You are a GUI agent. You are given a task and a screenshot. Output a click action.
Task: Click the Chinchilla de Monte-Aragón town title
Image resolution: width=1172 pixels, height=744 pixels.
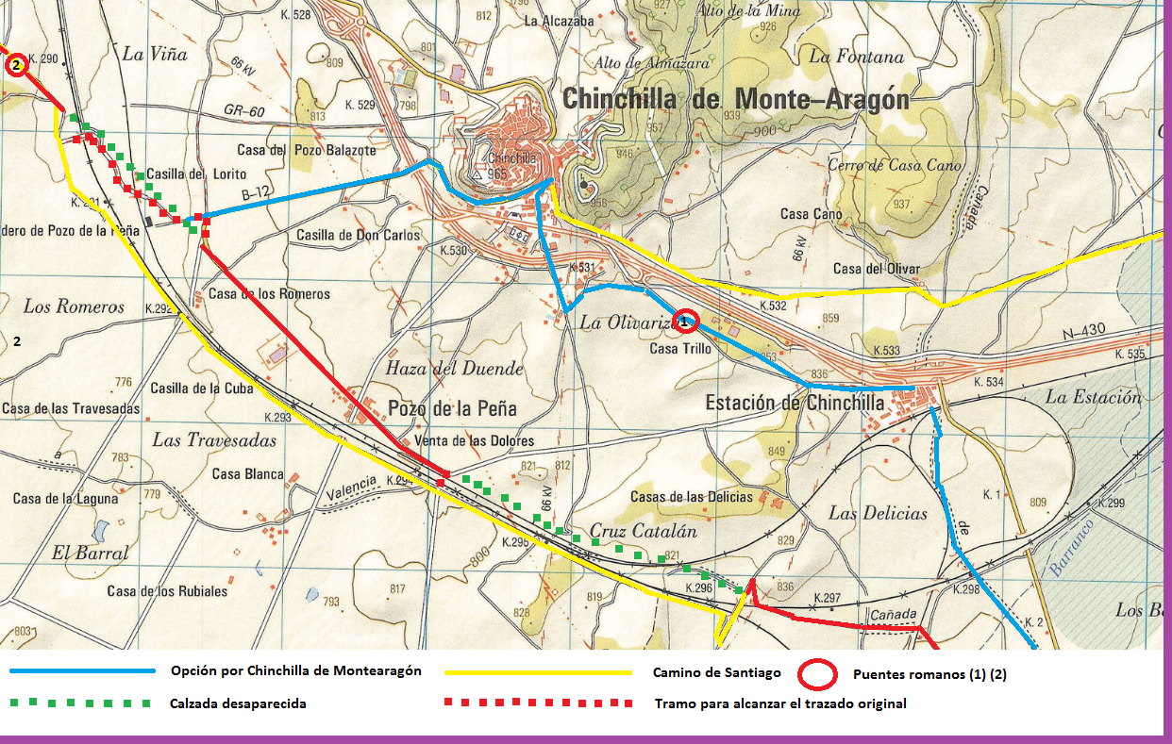[735, 99]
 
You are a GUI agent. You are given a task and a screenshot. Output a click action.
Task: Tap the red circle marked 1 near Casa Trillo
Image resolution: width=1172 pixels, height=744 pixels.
[687, 322]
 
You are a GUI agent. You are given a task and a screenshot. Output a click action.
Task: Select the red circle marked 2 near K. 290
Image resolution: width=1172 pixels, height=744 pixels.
[15, 66]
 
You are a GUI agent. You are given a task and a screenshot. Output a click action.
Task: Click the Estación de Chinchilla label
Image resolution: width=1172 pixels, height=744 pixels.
[795, 403]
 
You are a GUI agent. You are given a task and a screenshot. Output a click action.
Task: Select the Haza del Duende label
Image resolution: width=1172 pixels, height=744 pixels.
[453, 368]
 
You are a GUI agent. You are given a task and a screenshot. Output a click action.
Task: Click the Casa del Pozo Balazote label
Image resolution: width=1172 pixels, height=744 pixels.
[307, 150]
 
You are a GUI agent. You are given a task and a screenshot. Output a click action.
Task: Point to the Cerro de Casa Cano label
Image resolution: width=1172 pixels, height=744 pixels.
[895, 165]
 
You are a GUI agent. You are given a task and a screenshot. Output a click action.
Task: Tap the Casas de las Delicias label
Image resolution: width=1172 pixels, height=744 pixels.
[691, 496]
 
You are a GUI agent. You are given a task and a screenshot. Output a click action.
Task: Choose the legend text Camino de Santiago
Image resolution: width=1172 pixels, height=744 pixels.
[716, 672]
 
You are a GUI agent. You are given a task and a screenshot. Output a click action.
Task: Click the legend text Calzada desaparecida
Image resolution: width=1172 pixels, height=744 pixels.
[238, 703]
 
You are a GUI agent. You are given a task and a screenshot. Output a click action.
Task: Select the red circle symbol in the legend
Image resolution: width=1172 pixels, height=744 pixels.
[817, 674]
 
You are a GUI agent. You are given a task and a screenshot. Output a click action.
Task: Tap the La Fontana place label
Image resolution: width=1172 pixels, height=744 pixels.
[855, 57]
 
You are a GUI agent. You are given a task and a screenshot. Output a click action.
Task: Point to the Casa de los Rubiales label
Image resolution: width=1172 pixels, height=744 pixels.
[167, 591]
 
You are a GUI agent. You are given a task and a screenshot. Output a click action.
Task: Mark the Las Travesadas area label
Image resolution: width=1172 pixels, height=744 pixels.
[214, 440]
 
